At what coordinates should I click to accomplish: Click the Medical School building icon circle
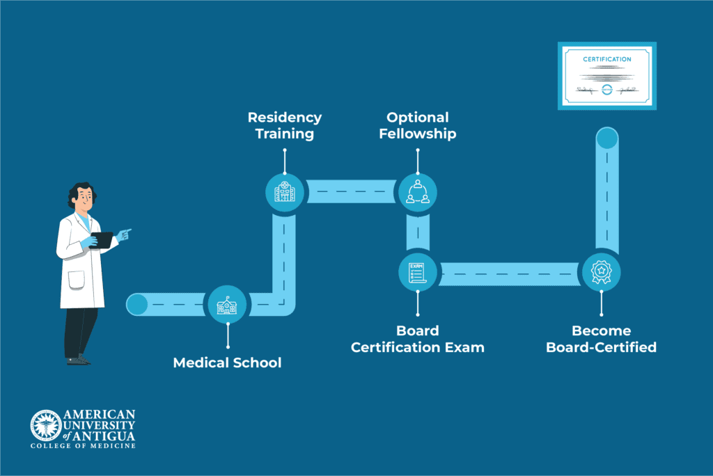228,305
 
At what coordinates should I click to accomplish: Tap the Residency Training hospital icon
285,191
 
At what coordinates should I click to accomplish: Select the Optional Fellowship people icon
418,191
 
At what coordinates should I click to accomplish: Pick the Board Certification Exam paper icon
418,271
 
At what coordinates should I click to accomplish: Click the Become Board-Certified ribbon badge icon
601,271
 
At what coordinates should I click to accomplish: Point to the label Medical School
227,363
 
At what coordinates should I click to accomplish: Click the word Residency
285,118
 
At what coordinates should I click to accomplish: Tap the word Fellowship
418,134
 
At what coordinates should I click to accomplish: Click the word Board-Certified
601,347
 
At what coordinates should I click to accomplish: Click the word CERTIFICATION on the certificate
607,60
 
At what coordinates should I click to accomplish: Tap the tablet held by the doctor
103,240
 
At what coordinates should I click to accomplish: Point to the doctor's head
83,198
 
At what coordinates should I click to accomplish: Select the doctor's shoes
78,360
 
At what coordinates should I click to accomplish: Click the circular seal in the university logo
45,425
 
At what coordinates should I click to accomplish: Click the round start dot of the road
137,305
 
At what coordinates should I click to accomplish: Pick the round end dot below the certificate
607,138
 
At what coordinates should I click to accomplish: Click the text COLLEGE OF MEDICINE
83,445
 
